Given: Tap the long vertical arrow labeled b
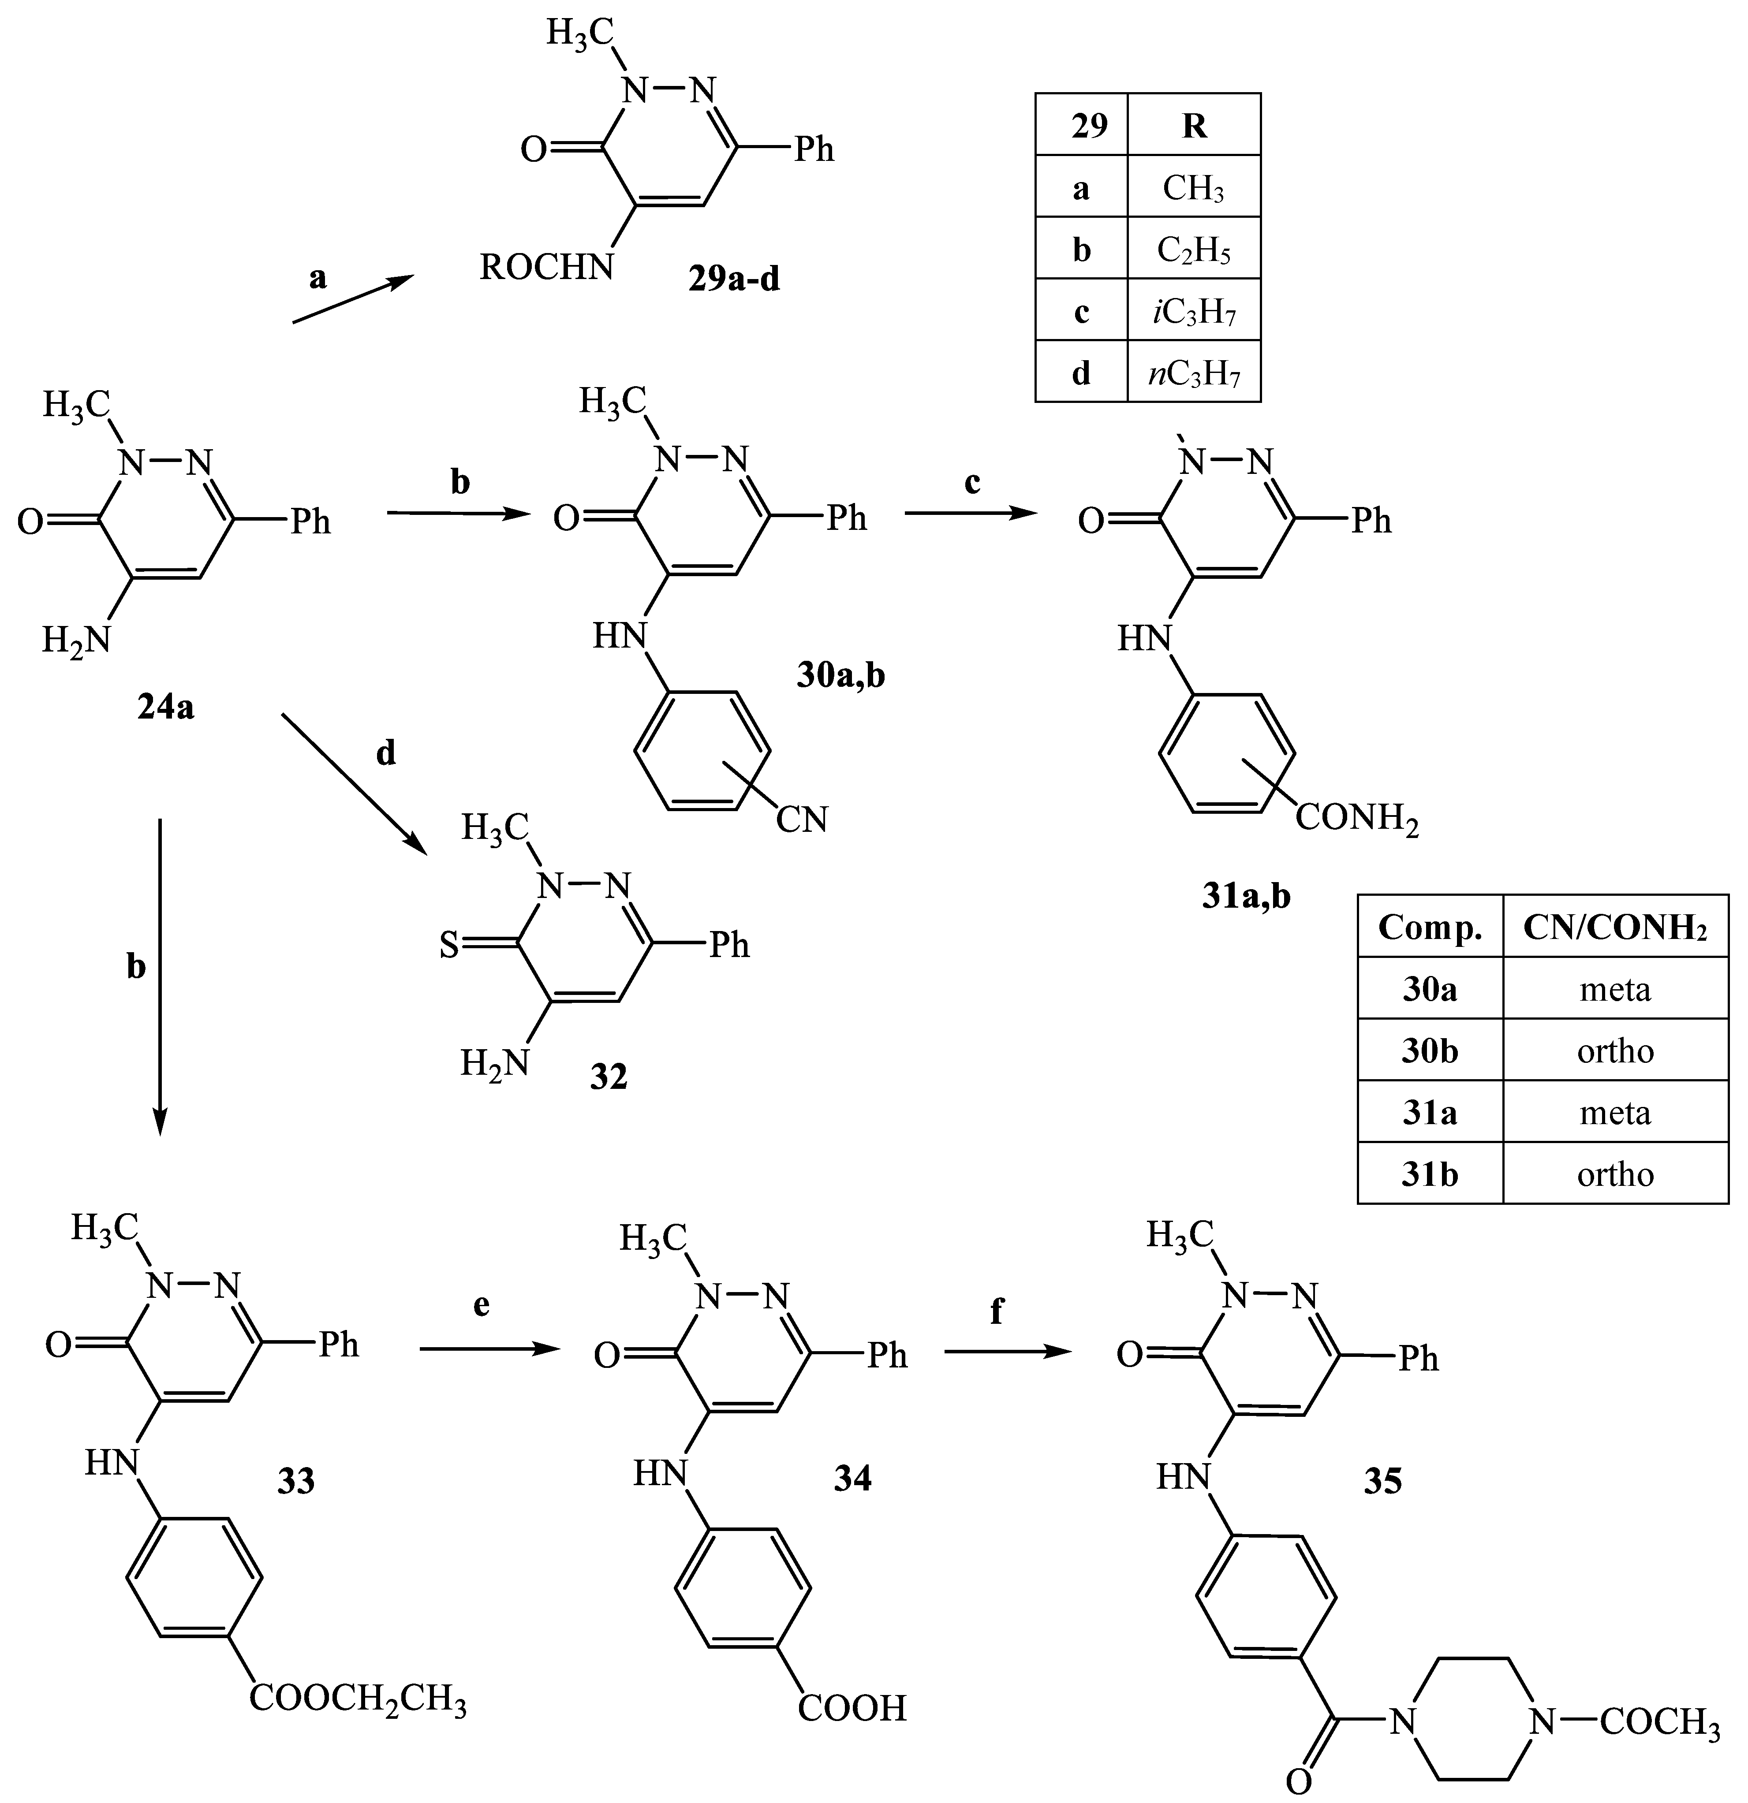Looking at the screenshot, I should click(160, 975).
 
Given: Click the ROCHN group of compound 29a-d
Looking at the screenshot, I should click(545, 268).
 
